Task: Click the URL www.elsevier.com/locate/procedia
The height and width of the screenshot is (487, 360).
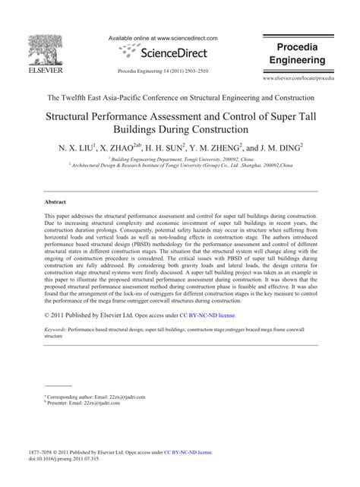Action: [298, 78]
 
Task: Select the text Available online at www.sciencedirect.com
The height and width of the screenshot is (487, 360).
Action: [163, 38]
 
